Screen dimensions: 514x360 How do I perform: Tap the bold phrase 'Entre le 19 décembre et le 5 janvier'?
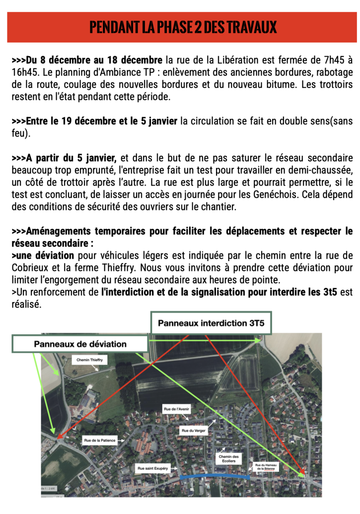click(x=94, y=122)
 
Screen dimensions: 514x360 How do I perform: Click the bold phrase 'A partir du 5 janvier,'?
click(x=64, y=158)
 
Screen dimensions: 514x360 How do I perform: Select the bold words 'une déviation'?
click(x=43, y=256)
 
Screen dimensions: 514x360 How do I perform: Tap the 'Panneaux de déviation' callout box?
click(x=80, y=344)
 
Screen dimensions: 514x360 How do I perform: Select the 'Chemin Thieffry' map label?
click(x=90, y=361)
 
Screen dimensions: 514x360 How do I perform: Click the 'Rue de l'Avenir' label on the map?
click(x=177, y=409)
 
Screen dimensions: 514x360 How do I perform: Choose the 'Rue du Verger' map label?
click(x=194, y=430)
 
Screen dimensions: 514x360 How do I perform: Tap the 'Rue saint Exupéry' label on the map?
click(x=153, y=468)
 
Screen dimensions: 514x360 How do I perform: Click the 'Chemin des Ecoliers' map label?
click(x=228, y=459)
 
